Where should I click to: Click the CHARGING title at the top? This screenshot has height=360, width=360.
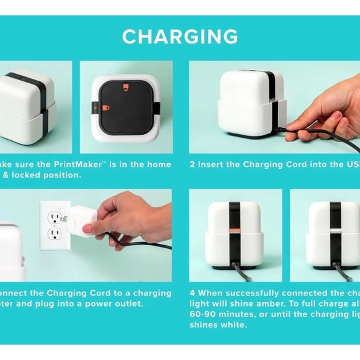click(180, 37)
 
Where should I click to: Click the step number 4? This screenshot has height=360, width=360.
click(192, 293)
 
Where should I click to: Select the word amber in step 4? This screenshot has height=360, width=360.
click(262, 304)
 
